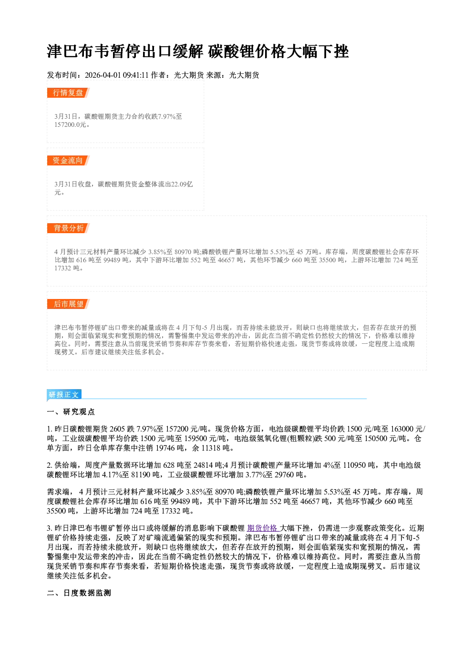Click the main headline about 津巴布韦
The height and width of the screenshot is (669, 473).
198,51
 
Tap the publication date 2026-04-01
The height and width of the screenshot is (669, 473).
103,75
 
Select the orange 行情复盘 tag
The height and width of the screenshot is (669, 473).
68,93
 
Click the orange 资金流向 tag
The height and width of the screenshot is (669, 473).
68,160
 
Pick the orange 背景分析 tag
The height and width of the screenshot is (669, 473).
68,228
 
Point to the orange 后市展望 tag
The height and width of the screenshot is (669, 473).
68,304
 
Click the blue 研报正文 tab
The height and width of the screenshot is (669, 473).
64,394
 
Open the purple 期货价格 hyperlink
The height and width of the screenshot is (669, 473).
262,528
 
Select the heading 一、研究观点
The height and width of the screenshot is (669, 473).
71,412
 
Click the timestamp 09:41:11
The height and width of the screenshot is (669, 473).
136,75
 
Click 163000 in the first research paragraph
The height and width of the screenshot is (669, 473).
402,429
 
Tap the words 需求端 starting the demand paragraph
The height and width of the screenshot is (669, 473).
58,492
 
